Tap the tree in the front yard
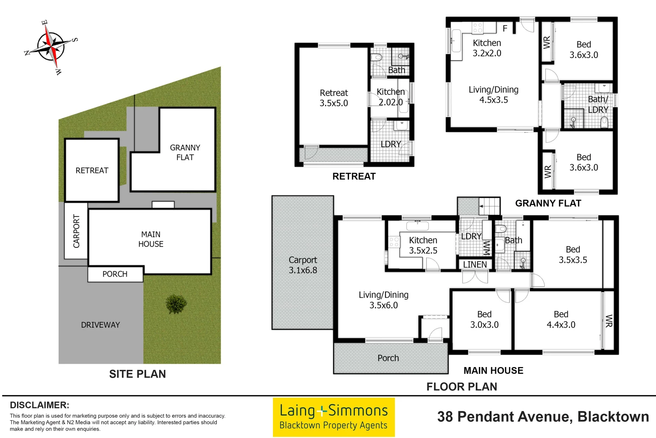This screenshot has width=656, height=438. (x=176, y=303)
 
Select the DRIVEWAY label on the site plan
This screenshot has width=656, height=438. (x=100, y=325)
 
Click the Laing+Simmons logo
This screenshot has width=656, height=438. (x=333, y=417)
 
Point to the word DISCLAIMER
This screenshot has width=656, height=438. (x=40, y=405)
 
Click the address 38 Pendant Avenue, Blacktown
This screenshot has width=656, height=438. (x=543, y=417)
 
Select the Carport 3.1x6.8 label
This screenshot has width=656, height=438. (x=303, y=265)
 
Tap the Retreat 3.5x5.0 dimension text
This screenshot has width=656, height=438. (x=334, y=98)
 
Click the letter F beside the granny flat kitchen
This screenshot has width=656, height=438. (x=505, y=28)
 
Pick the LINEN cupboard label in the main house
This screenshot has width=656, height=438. (x=475, y=264)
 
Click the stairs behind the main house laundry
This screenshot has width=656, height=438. (x=490, y=206)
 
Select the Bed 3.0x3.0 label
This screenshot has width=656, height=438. (x=484, y=319)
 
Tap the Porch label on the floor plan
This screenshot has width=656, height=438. (x=388, y=358)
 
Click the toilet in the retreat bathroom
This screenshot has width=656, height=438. (x=377, y=57)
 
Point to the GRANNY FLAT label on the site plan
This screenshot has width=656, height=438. (x=185, y=152)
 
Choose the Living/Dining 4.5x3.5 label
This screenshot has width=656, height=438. (x=494, y=94)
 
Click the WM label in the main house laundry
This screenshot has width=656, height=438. (x=487, y=247)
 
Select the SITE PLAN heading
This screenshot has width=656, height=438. (x=137, y=374)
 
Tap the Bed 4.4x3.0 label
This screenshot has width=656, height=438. (x=561, y=319)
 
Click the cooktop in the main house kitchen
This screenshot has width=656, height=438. (x=394, y=243)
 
